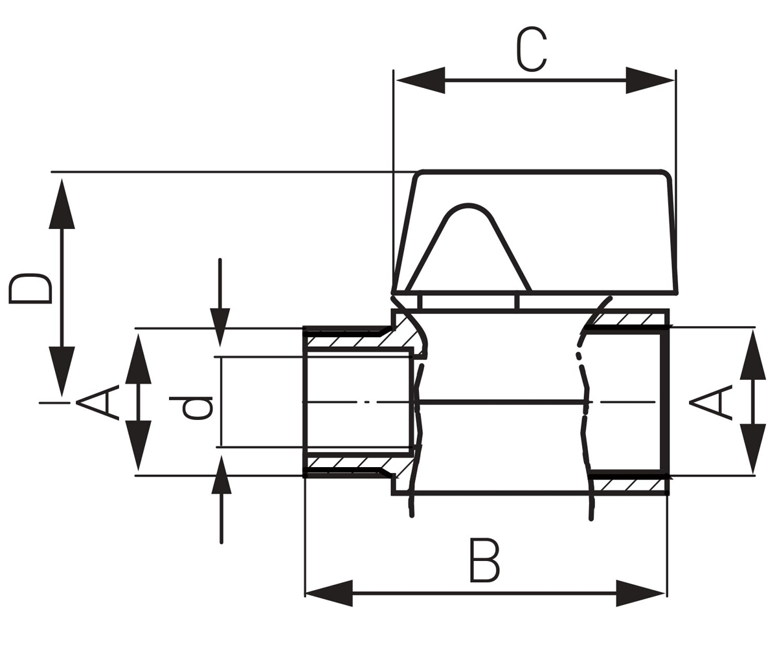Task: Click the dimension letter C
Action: [x=532, y=49]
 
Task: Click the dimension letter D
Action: [x=30, y=289]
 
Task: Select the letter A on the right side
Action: [x=710, y=402]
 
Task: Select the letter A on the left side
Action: [x=98, y=402]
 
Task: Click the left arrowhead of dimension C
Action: [x=420, y=80]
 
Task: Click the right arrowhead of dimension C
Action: [x=650, y=80]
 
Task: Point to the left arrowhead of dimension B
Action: [x=328, y=593]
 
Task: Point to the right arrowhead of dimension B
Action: [x=640, y=593]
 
